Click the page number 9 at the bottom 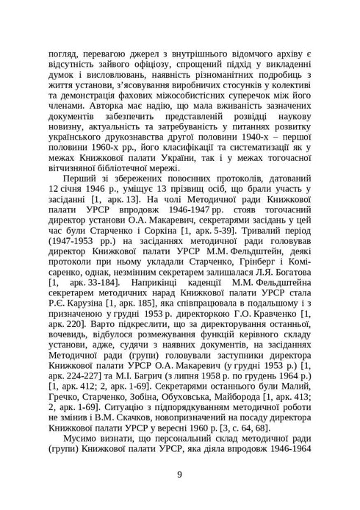(179, 473)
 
